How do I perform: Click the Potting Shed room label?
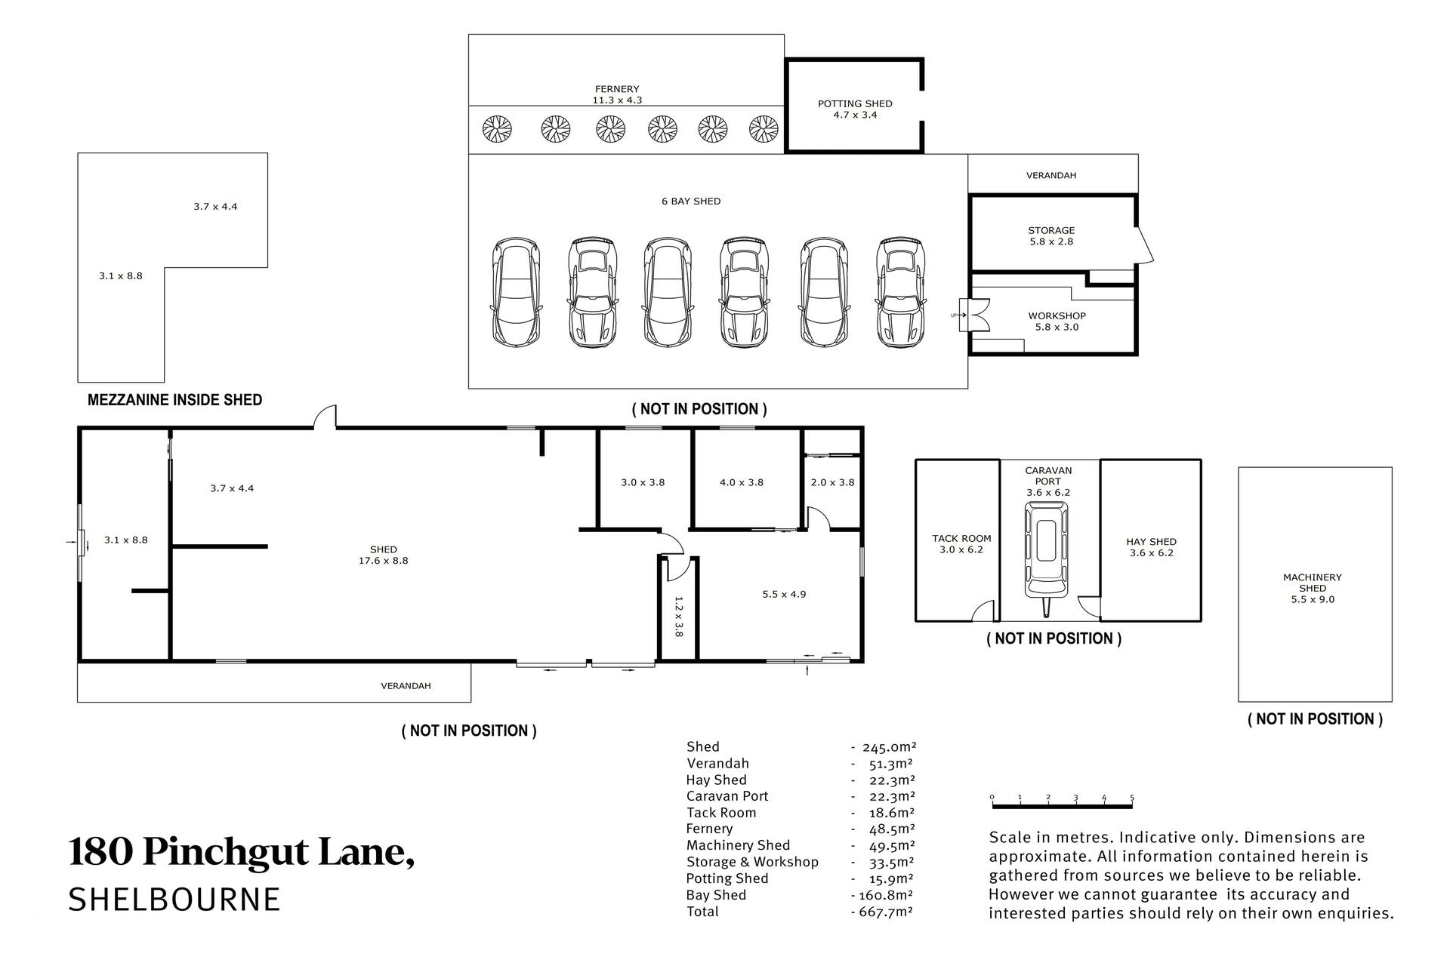click(x=855, y=109)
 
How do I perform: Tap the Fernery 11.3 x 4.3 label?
click(x=617, y=94)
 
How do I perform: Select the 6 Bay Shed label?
click(x=691, y=202)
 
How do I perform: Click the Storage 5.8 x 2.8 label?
click(x=1051, y=236)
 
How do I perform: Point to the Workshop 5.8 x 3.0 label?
click(x=1057, y=321)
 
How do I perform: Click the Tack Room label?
click(x=961, y=544)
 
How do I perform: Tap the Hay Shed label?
click(x=1151, y=547)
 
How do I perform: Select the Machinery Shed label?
click(x=1313, y=589)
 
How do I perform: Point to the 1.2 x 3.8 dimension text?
click(x=678, y=617)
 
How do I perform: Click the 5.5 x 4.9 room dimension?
click(x=784, y=594)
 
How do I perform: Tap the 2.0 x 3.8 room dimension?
click(x=832, y=482)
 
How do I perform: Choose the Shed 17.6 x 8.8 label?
click(x=384, y=555)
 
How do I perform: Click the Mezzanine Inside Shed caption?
click(x=174, y=400)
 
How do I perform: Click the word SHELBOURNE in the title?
click(x=174, y=900)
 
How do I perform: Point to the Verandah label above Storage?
click(x=1051, y=175)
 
